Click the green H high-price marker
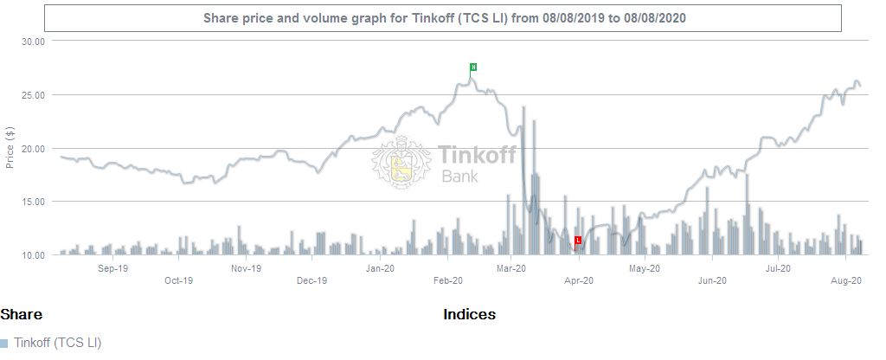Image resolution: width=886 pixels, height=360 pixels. pyautogui.click(x=473, y=67)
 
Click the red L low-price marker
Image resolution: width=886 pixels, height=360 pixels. pyautogui.click(x=578, y=240)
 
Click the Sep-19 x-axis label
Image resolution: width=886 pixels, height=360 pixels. pyautogui.click(x=112, y=268)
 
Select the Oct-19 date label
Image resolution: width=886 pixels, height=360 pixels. pyautogui.click(x=178, y=280)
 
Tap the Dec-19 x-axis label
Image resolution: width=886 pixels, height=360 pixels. pyautogui.click(x=311, y=280)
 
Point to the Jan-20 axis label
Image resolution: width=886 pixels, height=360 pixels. pyautogui.click(x=381, y=268)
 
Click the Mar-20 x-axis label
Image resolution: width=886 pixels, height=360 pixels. pyautogui.click(x=511, y=268)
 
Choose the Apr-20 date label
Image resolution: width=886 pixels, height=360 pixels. pyautogui.click(x=579, y=280)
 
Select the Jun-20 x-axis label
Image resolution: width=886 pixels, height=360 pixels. pyautogui.click(x=712, y=280)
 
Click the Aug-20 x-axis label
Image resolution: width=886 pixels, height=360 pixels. pyautogui.click(x=845, y=280)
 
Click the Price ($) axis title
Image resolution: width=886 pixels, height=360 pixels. pyautogui.click(x=10, y=147)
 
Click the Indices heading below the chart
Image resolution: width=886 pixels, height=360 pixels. pyautogui.click(x=469, y=314)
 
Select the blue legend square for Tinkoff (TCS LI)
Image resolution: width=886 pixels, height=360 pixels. pyautogui.click(x=4, y=344)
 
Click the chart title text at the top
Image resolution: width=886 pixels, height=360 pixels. pyautogui.click(x=444, y=18)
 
